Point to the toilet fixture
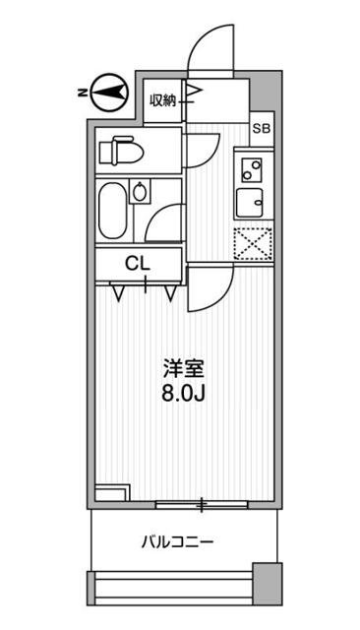(120, 151)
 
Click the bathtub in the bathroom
(111, 208)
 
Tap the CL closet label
(137, 263)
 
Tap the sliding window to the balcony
(202, 505)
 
